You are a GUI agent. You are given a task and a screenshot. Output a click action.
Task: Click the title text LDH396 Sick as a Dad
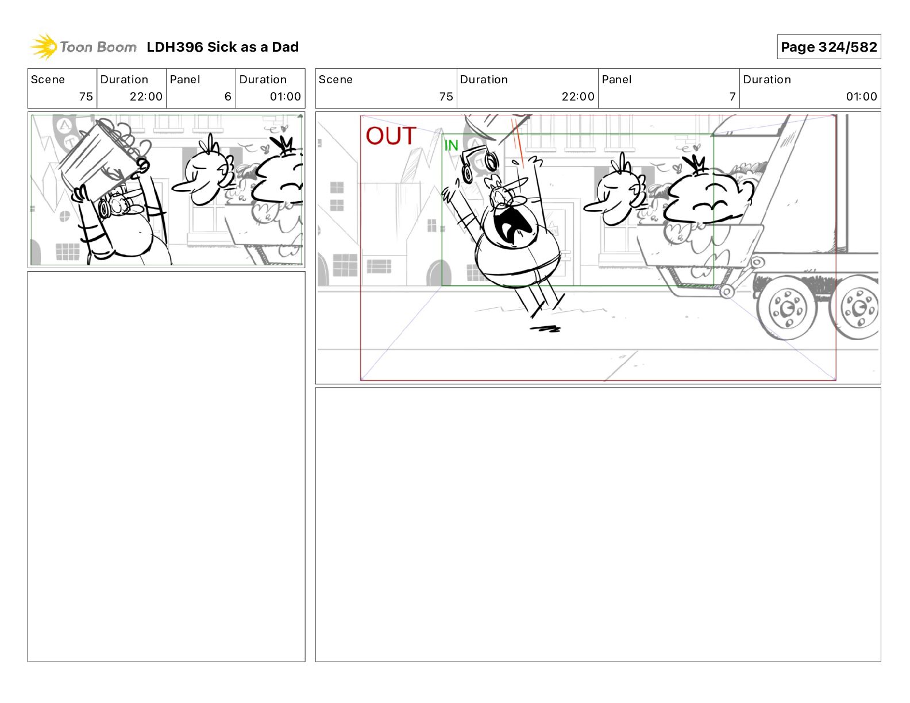222,47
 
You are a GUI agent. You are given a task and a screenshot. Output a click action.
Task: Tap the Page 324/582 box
828,47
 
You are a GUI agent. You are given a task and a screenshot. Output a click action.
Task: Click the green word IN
451,145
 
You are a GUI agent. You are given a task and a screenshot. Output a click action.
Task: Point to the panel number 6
228,96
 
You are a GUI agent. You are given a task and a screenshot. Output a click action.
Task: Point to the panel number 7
732,96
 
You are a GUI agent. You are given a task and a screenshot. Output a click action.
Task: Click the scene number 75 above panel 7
446,96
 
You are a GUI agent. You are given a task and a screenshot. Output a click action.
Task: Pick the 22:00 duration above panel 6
146,96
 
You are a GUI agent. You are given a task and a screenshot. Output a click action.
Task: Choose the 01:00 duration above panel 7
861,96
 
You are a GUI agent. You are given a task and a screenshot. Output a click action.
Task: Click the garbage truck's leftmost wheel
787,308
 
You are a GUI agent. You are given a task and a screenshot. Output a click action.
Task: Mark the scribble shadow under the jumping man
545,329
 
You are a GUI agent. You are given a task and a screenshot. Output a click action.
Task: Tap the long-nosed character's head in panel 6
205,176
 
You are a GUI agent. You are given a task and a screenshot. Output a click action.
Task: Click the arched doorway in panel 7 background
439,272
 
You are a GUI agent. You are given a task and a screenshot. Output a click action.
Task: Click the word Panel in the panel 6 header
184,80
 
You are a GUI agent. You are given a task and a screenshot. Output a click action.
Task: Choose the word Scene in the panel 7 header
336,80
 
